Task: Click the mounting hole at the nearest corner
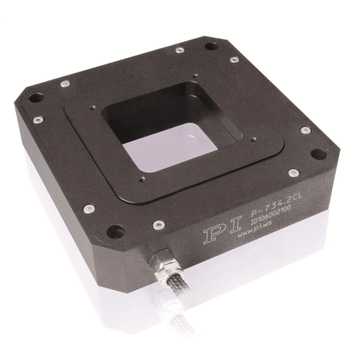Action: [116, 232]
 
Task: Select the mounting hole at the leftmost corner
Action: [35, 98]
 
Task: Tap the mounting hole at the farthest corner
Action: [211, 46]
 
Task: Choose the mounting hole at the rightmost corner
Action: [318, 154]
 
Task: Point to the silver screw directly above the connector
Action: [159, 224]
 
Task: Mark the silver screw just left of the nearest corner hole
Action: [89, 209]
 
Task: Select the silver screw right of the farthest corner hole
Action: [234, 59]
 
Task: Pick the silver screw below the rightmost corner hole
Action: [305, 131]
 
